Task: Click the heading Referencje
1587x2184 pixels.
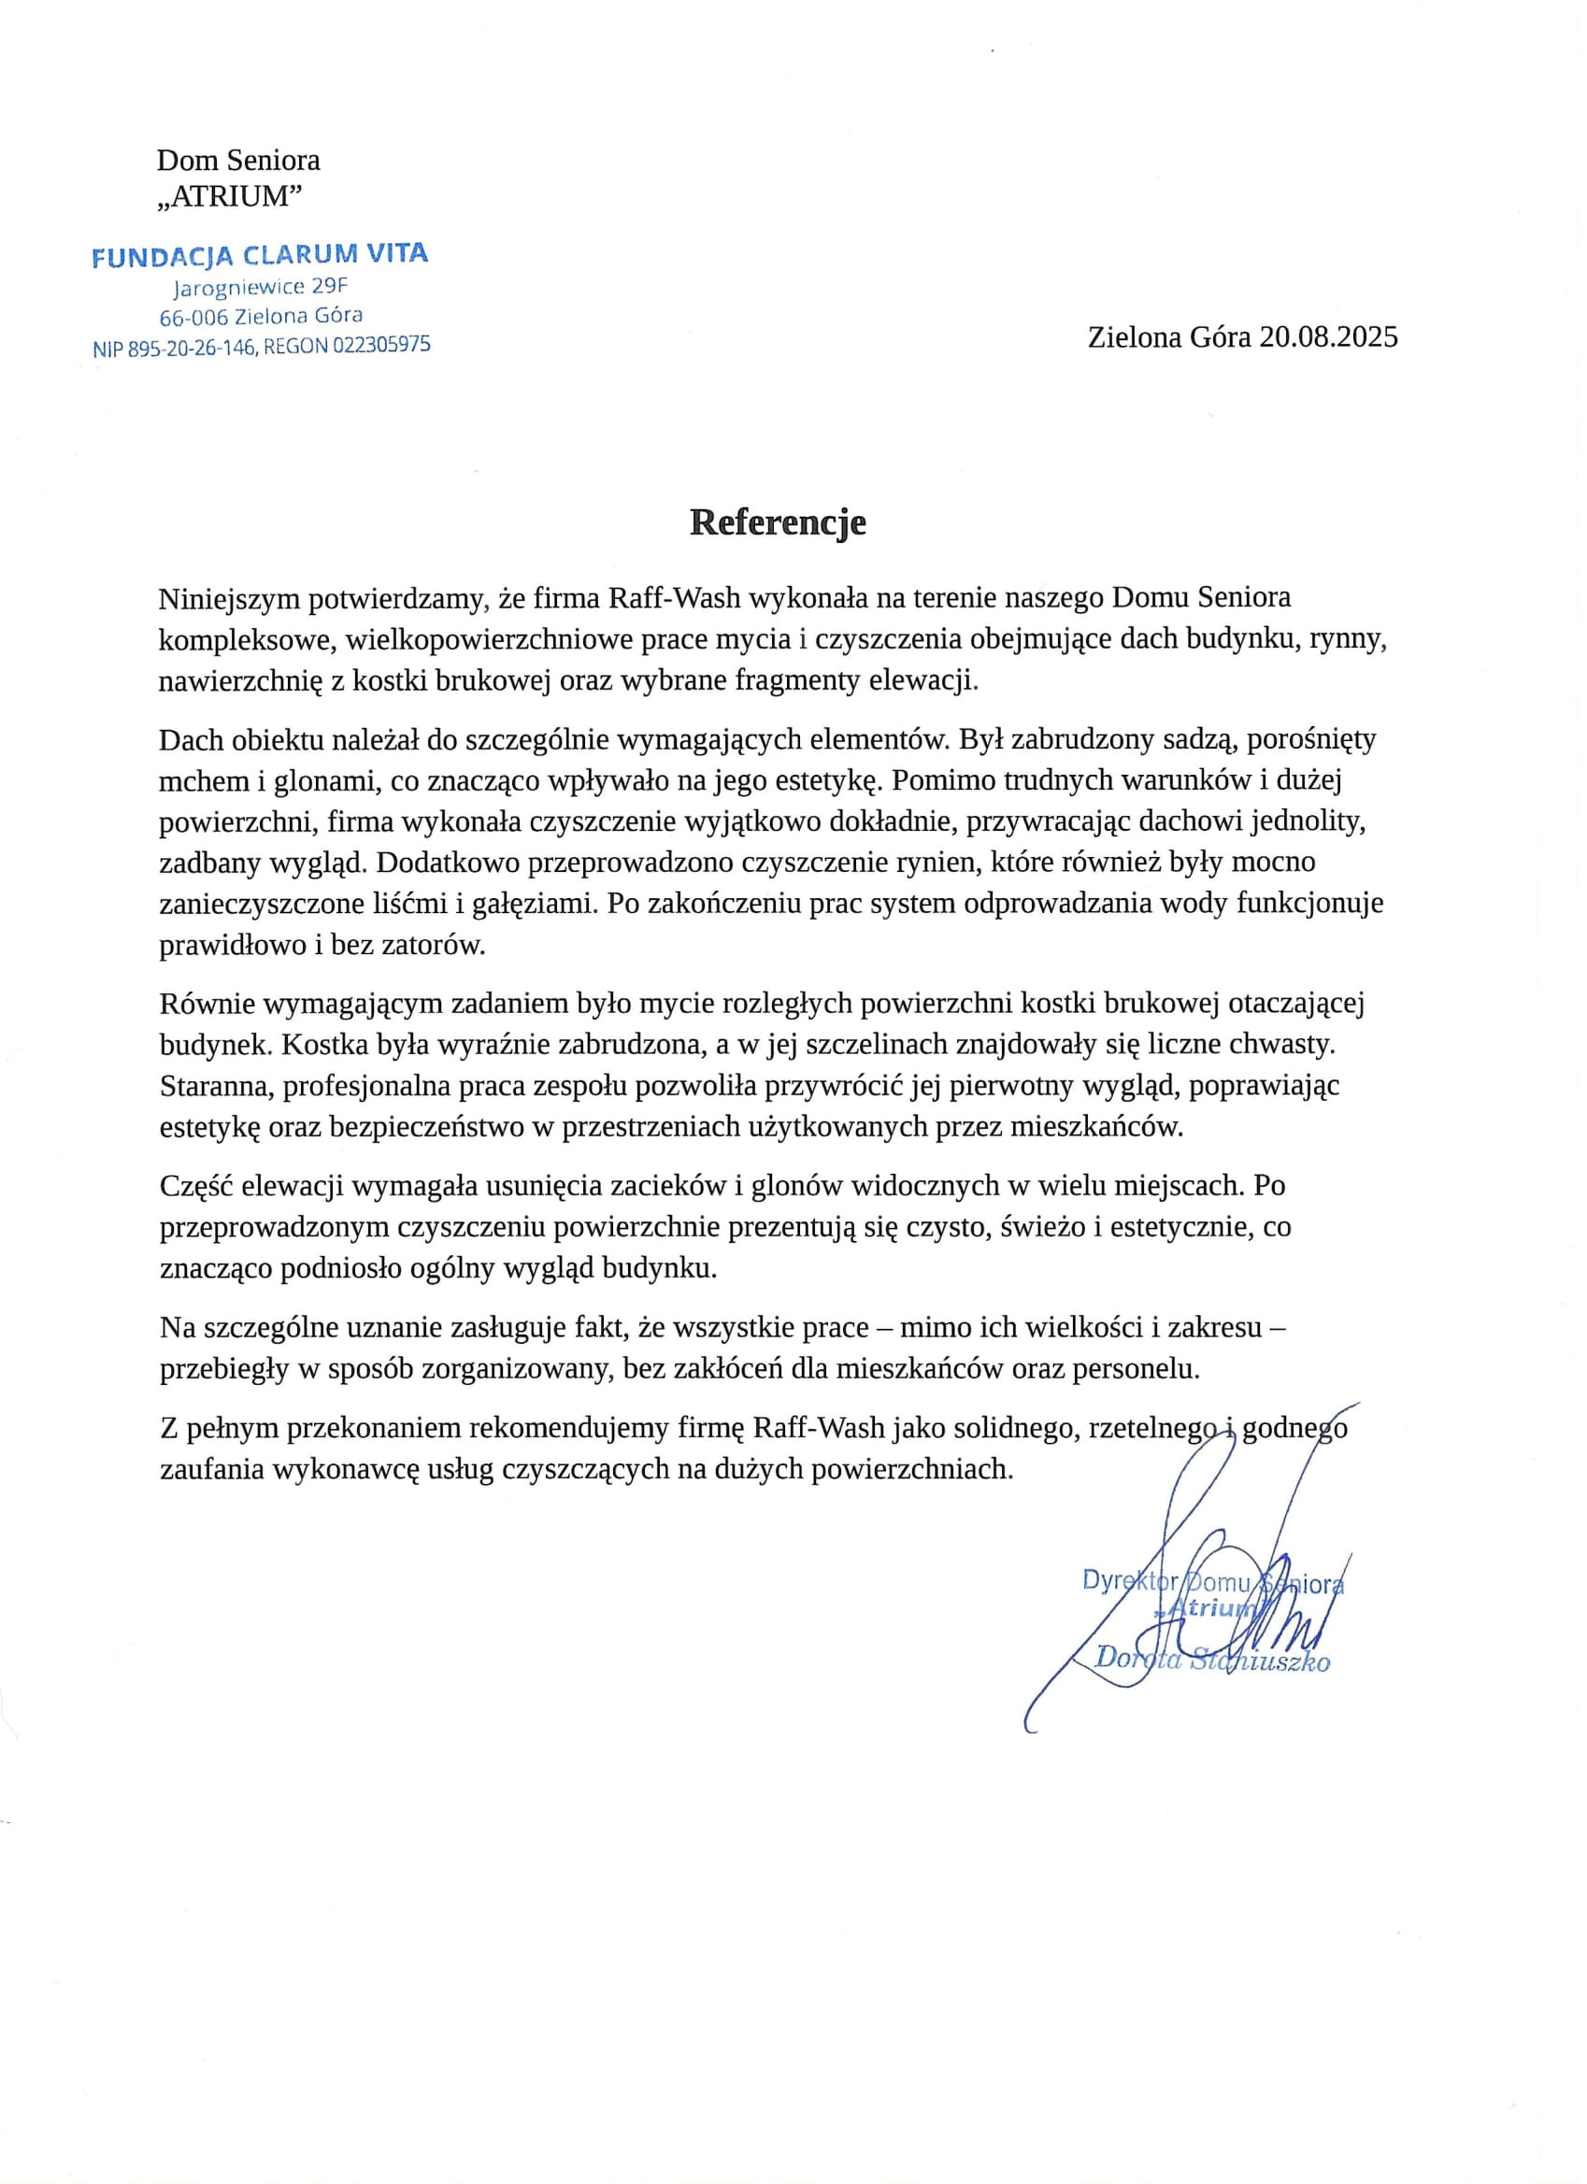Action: tap(777, 523)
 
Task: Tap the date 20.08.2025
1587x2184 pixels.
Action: tap(1329, 338)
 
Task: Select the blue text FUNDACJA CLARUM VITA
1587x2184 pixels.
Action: tap(260, 255)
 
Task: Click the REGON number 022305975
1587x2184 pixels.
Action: tap(382, 345)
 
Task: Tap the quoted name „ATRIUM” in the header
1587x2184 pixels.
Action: tap(229, 196)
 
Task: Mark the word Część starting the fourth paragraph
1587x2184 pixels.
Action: tap(195, 1186)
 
